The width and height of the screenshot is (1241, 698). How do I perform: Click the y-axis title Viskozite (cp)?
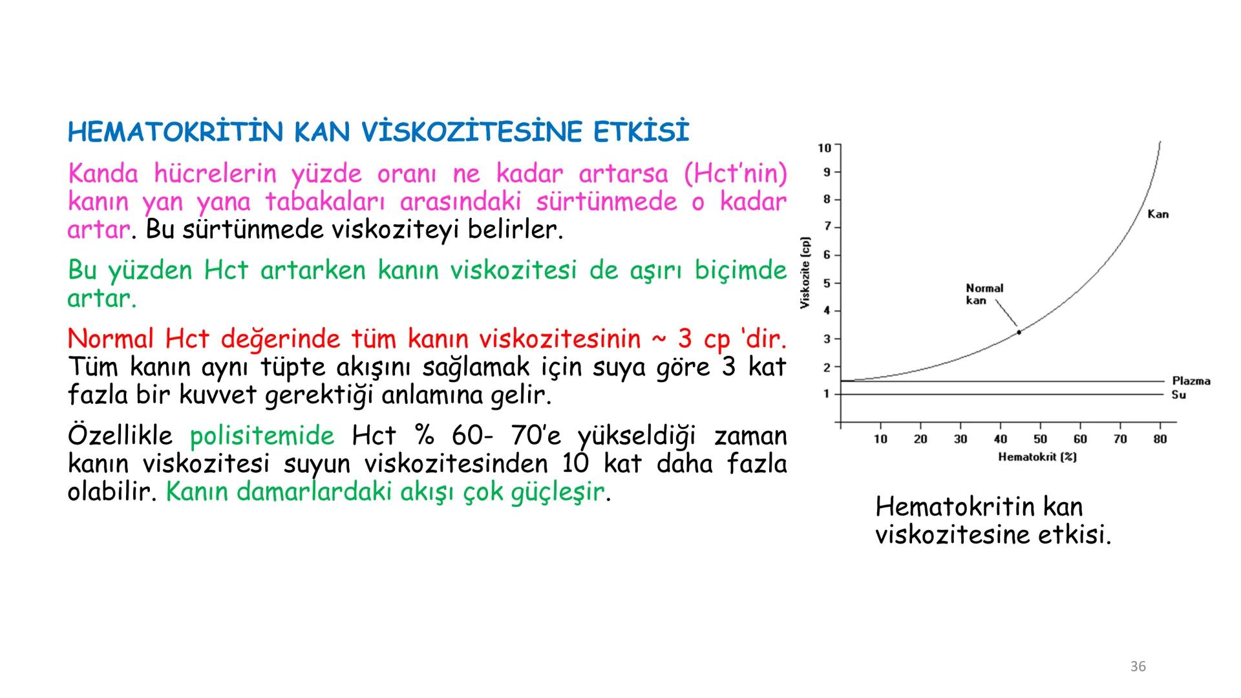pos(805,273)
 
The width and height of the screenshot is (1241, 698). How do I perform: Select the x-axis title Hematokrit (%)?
pos(1037,458)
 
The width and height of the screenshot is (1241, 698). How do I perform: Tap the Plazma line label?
pos(1191,381)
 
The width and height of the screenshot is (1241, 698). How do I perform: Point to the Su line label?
pos(1178,395)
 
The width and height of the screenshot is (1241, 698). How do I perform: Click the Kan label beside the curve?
pos(1158,214)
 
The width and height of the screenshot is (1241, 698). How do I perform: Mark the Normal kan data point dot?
pos(1019,332)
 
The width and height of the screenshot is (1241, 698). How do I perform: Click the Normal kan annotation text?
pos(984,294)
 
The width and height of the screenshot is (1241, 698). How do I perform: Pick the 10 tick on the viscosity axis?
pos(825,148)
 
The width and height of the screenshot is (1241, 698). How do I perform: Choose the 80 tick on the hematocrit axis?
pos(1160,439)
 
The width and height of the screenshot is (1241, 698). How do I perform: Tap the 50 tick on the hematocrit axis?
pos(1040,439)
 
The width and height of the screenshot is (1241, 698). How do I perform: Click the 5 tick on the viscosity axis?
pos(827,283)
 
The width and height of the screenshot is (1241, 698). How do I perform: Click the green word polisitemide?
pos(262,436)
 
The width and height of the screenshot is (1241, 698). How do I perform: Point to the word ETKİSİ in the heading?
pos(641,132)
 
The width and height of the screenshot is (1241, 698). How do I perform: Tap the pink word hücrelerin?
pos(215,174)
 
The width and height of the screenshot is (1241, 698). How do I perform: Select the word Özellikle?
pos(120,436)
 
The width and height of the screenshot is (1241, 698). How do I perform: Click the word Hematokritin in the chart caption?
pos(952,507)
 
